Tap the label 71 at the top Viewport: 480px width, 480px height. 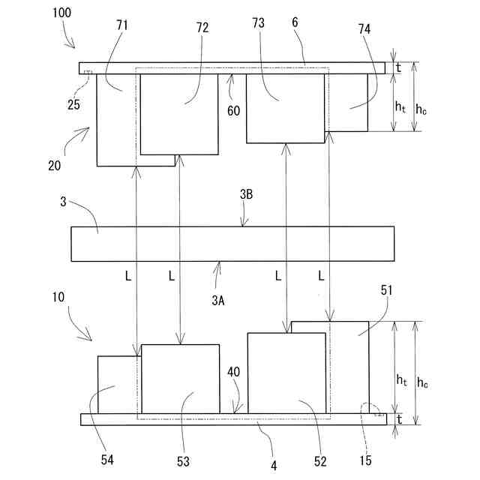click(x=122, y=25)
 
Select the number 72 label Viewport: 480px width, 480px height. click(x=202, y=28)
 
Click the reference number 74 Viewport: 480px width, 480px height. click(x=364, y=29)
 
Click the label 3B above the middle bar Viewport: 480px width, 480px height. click(x=246, y=193)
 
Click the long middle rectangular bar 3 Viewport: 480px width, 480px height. click(x=232, y=244)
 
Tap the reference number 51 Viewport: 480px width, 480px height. click(x=387, y=290)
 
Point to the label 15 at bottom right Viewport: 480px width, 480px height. click(x=365, y=460)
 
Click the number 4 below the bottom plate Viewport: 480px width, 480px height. click(x=274, y=465)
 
